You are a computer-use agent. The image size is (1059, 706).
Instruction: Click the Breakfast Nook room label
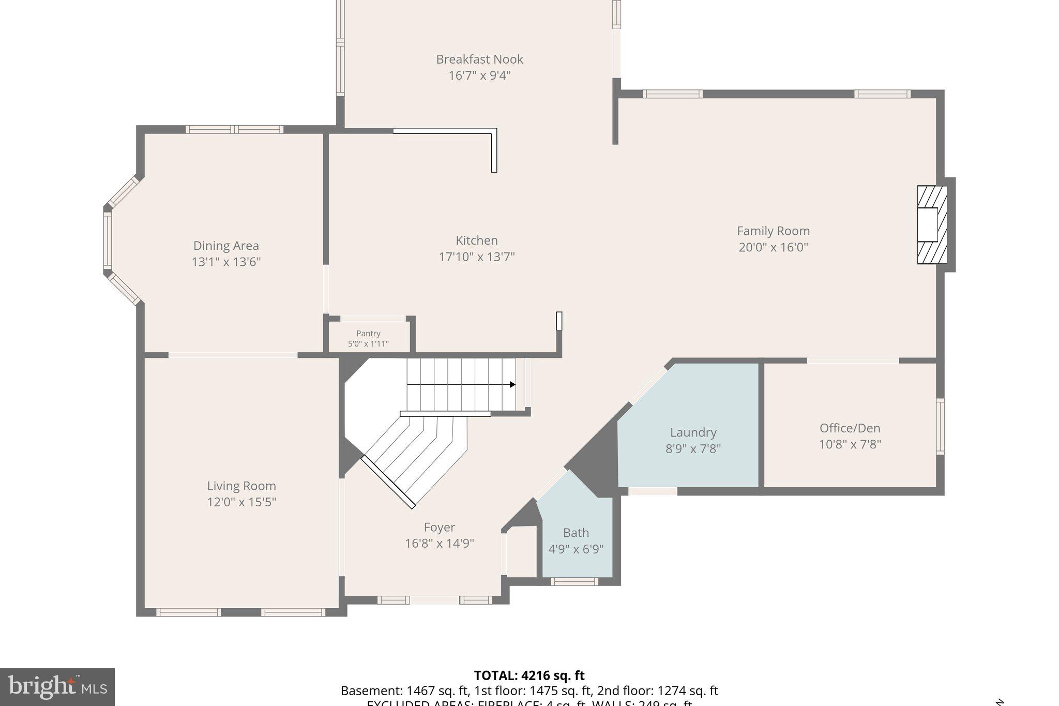479,59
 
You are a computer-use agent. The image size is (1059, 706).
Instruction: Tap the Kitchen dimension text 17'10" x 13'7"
476,257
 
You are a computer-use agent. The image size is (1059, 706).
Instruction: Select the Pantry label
368,334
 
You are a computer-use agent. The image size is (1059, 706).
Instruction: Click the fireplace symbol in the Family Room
932,225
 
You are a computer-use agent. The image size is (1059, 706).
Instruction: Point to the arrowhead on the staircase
512,384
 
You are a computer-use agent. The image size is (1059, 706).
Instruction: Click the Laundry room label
693,432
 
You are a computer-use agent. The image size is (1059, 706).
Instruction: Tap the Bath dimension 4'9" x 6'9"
576,549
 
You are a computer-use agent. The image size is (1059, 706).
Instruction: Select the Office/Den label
850,428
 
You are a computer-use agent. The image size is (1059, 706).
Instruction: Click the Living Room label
241,486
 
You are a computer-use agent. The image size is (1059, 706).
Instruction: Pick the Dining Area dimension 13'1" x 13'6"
226,262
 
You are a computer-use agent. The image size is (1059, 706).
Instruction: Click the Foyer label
439,527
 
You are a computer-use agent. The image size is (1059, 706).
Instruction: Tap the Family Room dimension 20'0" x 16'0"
773,247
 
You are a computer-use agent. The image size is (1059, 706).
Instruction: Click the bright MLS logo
57,687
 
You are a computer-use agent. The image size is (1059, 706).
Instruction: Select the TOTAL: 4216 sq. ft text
529,675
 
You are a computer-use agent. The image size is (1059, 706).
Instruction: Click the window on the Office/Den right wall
940,426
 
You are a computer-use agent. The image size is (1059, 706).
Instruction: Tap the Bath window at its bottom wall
574,581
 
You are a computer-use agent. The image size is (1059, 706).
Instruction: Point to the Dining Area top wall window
234,129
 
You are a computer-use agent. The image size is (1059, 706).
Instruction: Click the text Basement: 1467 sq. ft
404,691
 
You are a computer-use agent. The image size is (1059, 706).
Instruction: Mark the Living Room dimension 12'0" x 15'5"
241,502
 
